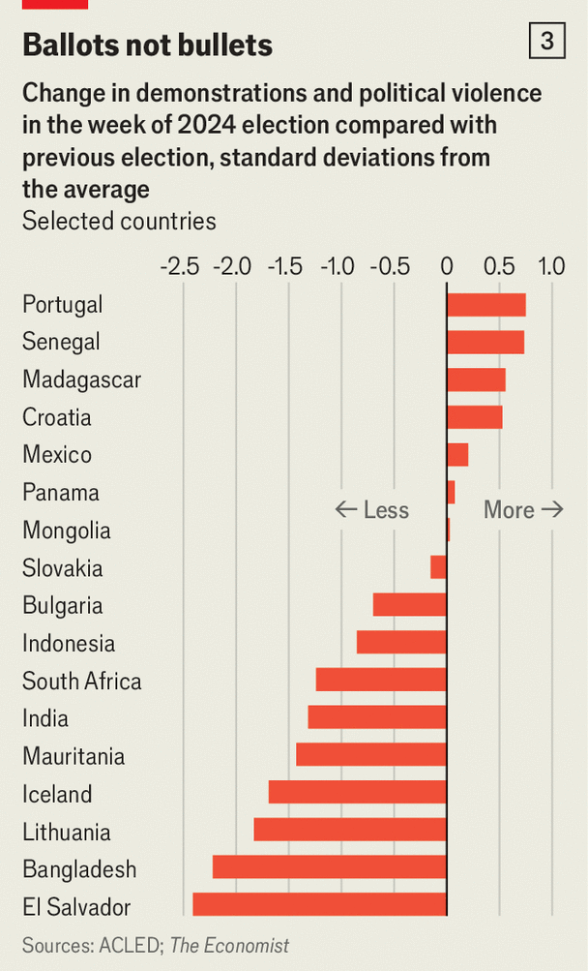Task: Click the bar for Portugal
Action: (x=485, y=305)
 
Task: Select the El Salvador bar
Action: (x=319, y=905)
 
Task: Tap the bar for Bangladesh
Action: (x=329, y=867)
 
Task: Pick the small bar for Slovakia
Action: (x=439, y=567)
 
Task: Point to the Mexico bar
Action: (x=457, y=455)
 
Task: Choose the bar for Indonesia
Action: (x=401, y=643)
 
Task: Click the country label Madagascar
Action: (x=81, y=379)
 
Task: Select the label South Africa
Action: (x=81, y=681)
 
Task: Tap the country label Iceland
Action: (x=57, y=795)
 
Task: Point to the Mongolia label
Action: (x=66, y=531)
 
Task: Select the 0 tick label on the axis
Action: (x=447, y=265)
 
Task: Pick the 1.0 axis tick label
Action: (x=551, y=265)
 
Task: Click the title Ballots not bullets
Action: (x=147, y=45)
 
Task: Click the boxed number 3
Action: (x=547, y=41)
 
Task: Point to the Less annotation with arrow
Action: (x=372, y=509)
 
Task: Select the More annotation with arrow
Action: (x=522, y=509)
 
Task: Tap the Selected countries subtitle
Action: (x=119, y=221)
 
